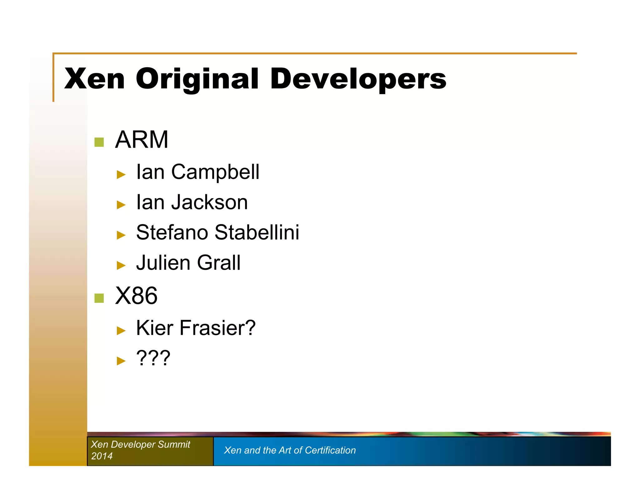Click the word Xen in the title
click(94, 79)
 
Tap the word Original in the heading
click(197, 79)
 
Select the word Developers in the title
click(358, 79)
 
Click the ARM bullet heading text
click(142, 140)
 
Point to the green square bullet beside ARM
click(99, 142)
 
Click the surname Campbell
click(215, 172)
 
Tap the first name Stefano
click(172, 232)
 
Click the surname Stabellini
click(257, 232)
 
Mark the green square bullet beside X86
click(99, 298)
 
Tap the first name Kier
click(154, 328)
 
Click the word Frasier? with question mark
click(217, 328)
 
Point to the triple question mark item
click(153, 358)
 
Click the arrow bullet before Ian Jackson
click(121, 205)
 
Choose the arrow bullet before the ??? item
click(121, 361)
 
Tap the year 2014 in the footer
click(102, 456)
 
